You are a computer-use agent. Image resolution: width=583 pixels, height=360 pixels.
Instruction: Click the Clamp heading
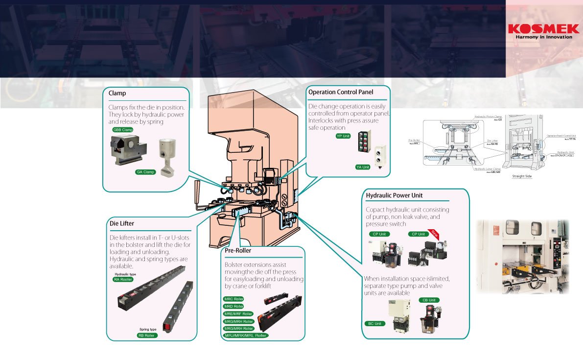(118, 93)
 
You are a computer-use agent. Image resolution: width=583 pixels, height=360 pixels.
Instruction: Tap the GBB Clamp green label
(123, 130)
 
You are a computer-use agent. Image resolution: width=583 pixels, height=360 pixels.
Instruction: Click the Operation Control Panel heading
(341, 92)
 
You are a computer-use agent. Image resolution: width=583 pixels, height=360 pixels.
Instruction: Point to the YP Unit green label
(343, 136)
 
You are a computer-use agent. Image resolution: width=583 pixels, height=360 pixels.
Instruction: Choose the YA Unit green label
(363, 167)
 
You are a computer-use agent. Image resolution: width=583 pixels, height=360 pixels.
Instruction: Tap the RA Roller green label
(123, 279)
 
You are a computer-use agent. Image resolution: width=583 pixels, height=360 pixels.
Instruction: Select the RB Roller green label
(147, 336)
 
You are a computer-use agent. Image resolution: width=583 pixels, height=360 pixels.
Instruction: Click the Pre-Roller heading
(238, 251)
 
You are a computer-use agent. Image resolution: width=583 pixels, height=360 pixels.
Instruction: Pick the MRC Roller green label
(233, 299)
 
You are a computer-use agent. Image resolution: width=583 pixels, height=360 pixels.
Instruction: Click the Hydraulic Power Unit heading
(394, 195)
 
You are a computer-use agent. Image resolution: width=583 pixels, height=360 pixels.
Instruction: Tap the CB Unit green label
(428, 300)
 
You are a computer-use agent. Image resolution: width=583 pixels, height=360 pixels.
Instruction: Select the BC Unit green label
(375, 324)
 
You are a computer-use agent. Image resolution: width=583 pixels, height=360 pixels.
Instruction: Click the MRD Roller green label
(233, 306)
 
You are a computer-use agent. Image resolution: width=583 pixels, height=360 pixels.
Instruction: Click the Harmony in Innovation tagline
(543, 37)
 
